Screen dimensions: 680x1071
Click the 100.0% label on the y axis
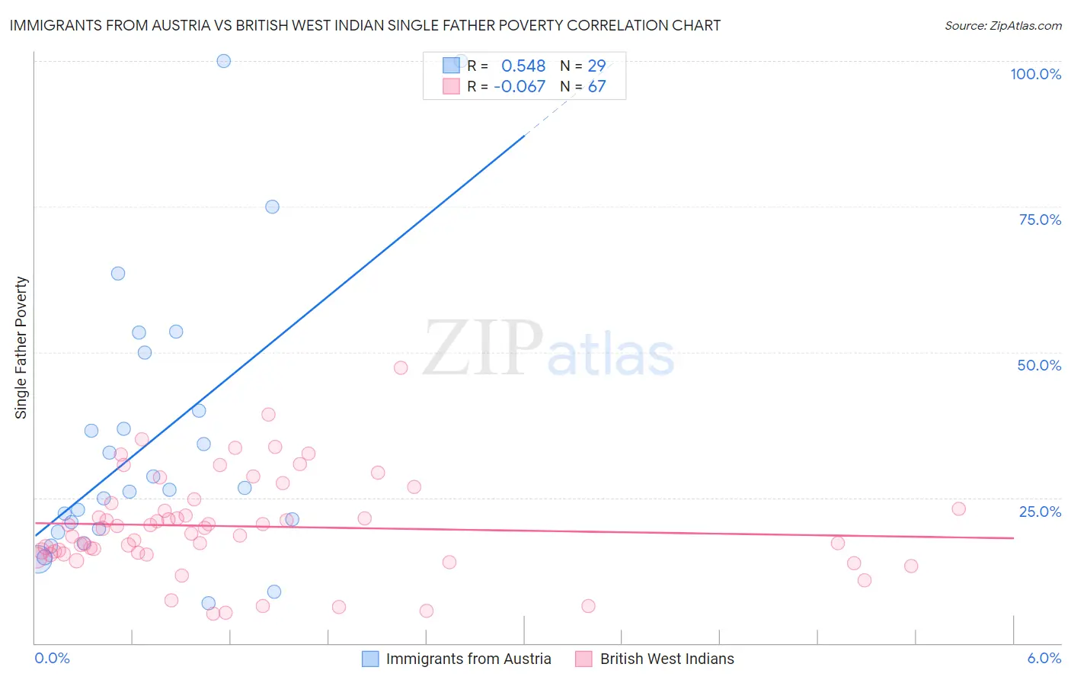pos(1035,74)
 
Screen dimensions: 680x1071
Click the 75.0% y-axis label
pos(1039,220)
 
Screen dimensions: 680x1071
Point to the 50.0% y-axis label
pos(1039,365)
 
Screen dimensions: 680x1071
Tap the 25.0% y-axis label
pos(1039,512)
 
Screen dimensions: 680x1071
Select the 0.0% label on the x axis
pos(52,658)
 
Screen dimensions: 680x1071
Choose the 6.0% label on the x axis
pos(1044,658)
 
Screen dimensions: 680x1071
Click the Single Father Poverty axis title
pos(21,348)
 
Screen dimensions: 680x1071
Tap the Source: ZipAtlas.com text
pos(1002,25)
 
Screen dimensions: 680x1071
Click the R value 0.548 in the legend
pos(523,66)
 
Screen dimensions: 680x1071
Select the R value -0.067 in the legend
pos(520,87)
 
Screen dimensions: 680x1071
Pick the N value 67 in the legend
pos(596,87)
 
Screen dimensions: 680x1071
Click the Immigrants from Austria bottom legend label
pos(468,659)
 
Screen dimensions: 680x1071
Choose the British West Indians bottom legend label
pos(667,659)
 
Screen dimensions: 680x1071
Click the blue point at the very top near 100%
pos(223,61)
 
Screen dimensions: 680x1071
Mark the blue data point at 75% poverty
pos(272,207)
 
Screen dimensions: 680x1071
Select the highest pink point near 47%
pos(401,367)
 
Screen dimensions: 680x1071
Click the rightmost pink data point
pos(958,508)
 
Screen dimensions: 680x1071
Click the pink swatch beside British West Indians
pos(583,659)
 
